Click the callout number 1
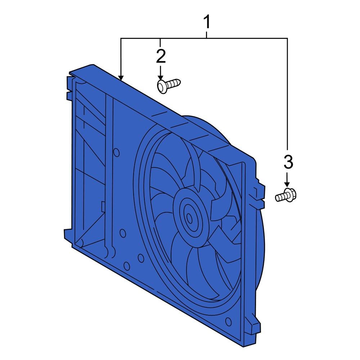point(207,23)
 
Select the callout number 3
point(288,162)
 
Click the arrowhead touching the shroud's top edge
point(121,77)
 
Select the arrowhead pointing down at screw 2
point(161,78)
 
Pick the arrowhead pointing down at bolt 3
point(287,184)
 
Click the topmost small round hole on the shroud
point(116,153)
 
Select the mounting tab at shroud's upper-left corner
point(69,86)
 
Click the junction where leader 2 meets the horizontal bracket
point(161,38)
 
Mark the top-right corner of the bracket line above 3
point(287,38)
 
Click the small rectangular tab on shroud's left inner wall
point(103,206)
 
